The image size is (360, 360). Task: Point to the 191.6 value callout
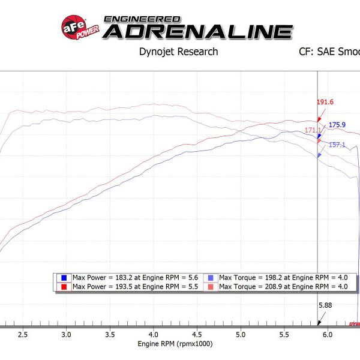tap(325, 103)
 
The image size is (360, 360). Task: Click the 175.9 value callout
tap(337, 125)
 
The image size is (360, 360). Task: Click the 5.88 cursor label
tap(325, 305)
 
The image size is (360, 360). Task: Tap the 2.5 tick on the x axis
tap(23, 334)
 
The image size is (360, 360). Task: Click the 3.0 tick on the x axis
tap(66, 334)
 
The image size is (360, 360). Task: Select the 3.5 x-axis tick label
tap(110, 334)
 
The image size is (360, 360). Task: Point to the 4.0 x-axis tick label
tap(154, 334)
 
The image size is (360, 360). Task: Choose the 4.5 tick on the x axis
tap(197, 334)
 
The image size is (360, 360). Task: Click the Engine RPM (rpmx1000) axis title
tap(175, 344)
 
